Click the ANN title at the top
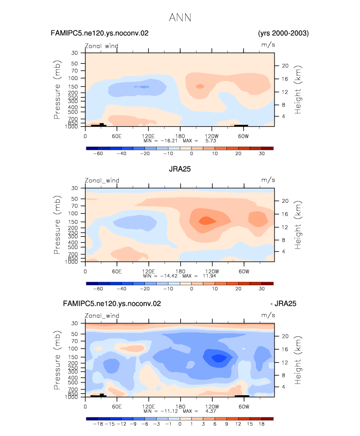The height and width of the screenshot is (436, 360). click(180, 18)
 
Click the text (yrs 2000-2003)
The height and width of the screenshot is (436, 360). click(283, 33)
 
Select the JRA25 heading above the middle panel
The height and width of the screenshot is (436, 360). click(180, 169)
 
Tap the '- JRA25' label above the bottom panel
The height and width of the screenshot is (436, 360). click(283, 303)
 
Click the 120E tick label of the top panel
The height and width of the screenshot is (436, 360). click(148, 136)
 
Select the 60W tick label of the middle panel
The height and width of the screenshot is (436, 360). click(244, 272)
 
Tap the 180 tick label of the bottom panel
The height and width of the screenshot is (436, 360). click(180, 407)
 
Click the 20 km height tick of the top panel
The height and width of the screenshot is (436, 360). click(285, 66)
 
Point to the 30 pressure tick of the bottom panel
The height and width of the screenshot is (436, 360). click(75, 324)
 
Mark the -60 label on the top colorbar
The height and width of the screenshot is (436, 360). click(98, 154)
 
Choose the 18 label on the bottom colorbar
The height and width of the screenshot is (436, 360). click(261, 424)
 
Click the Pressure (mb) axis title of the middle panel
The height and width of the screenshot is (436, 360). click(57, 225)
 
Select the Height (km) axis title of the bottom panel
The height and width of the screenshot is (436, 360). click(298, 360)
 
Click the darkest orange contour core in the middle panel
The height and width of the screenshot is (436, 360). click(207, 221)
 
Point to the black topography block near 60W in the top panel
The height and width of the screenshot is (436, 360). click(241, 125)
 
